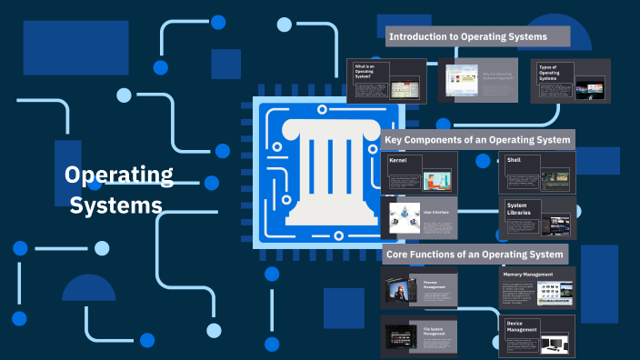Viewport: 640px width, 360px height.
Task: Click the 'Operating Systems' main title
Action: tap(117, 190)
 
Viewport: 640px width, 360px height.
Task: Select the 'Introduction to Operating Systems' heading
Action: tap(467, 37)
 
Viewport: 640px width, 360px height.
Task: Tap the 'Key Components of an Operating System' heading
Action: tap(477, 140)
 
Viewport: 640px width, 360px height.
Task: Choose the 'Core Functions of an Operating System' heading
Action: tap(475, 254)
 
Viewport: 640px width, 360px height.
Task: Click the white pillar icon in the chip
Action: tap(329, 172)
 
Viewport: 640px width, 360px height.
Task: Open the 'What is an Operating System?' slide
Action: tap(386, 81)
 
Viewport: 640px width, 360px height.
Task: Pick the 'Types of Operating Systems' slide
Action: tap(569, 81)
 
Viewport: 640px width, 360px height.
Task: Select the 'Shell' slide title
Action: tap(515, 160)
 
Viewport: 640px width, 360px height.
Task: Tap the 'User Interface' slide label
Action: tap(436, 212)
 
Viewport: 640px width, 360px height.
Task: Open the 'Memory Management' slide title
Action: tap(528, 274)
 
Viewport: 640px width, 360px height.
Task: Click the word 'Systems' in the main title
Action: tap(116, 205)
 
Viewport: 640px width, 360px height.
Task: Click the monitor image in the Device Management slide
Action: tap(556, 345)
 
